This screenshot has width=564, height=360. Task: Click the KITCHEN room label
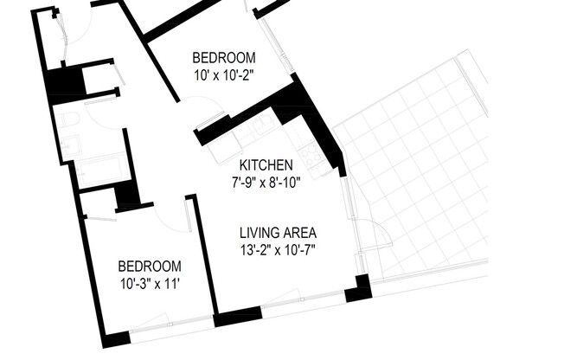pyautogui.click(x=266, y=164)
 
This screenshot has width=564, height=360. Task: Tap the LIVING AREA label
pyautogui.click(x=278, y=233)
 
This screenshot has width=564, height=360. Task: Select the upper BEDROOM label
pyautogui.click(x=222, y=58)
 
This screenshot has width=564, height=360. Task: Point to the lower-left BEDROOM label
pyautogui.click(x=150, y=266)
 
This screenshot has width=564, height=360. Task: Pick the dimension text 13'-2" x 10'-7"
pyautogui.click(x=278, y=250)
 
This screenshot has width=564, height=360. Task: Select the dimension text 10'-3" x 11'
pyautogui.click(x=149, y=283)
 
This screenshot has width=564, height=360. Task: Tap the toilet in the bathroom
pyautogui.click(x=69, y=119)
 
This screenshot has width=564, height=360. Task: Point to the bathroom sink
pyautogui.click(x=70, y=147)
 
